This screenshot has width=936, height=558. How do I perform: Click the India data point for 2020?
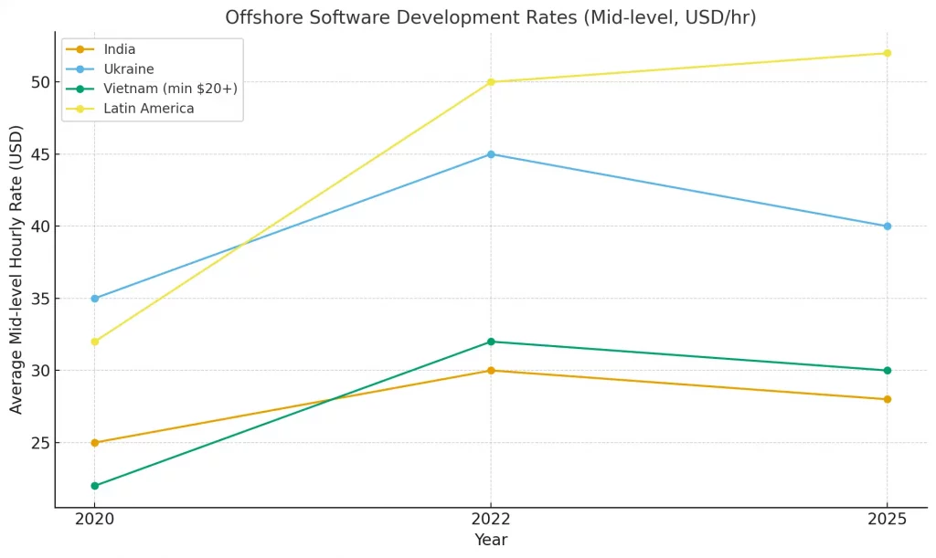(x=94, y=443)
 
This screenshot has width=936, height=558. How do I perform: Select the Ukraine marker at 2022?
(x=491, y=154)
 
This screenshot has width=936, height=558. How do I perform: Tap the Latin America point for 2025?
(x=887, y=53)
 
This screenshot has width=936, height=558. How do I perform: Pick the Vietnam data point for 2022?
(x=491, y=342)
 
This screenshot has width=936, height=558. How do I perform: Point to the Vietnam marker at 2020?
(x=94, y=486)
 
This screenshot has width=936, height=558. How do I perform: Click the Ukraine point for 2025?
(x=887, y=226)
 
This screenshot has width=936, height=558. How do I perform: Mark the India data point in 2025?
(x=887, y=399)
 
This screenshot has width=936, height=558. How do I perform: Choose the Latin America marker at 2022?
(x=491, y=82)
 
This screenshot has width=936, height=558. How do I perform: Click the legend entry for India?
(x=119, y=49)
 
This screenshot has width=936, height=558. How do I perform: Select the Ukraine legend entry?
(x=128, y=69)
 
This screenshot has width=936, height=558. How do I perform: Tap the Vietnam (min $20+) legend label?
(x=170, y=89)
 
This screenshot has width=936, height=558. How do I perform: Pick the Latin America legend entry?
(x=148, y=109)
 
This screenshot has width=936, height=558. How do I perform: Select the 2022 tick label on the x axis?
(x=491, y=520)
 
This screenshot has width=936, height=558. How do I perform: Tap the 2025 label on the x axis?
(x=887, y=520)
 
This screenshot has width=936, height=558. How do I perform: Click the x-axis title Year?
(x=491, y=540)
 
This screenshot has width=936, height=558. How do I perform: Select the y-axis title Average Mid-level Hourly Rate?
(x=16, y=269)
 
